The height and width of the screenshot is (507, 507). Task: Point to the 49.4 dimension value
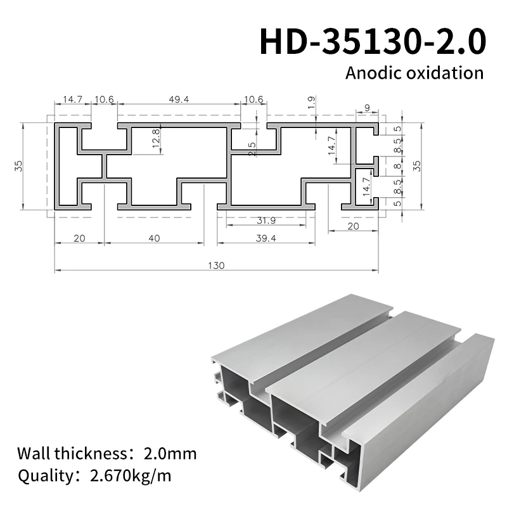tap(178, 99)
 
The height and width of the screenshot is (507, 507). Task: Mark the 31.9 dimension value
tap(266, 221)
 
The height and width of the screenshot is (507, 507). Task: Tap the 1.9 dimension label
tap(311, 102)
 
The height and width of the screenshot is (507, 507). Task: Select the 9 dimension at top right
tap(367, 108)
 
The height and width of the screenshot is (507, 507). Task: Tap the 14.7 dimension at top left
tap(72, 99)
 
